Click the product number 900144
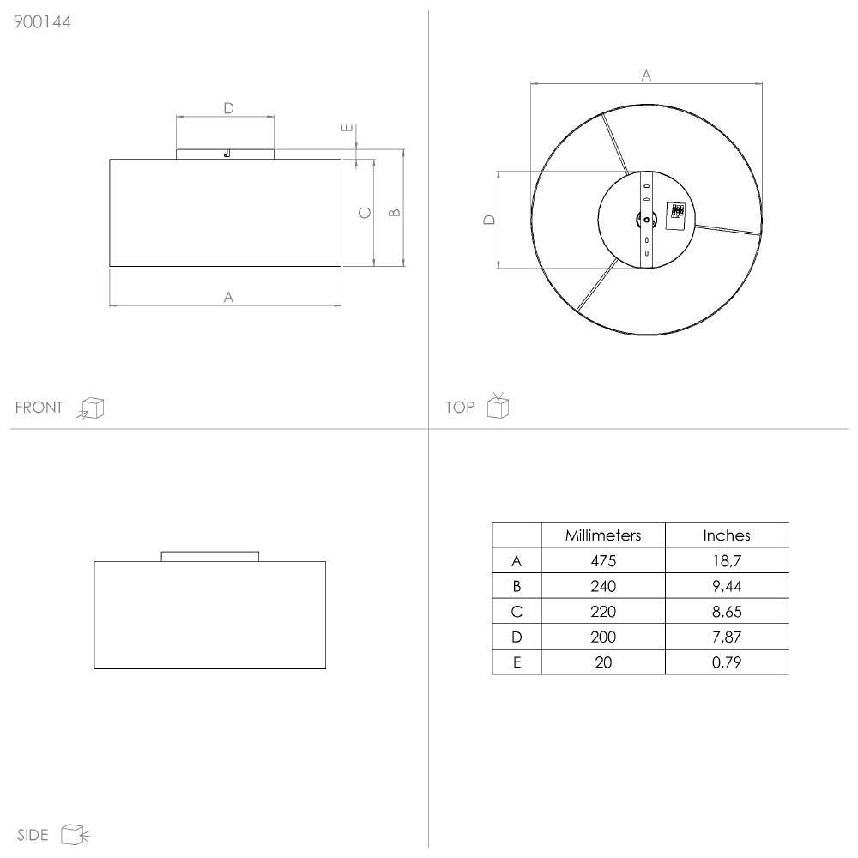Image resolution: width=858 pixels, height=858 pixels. pos(42,22)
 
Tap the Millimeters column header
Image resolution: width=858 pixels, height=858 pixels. pos(603,535)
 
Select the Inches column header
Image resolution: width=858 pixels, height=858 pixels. pos(727,535)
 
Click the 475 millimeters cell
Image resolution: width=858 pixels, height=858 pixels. pos(603,561)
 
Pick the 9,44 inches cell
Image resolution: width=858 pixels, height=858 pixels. pos(727,587)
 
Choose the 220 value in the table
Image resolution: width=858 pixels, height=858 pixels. pos(603,612)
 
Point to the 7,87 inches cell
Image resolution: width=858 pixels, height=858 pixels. pos(727,637)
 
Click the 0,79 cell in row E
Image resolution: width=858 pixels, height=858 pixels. pos(727,662)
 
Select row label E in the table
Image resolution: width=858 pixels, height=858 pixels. pos(517,662)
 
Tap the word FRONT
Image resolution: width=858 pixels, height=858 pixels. pos(39,408)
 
